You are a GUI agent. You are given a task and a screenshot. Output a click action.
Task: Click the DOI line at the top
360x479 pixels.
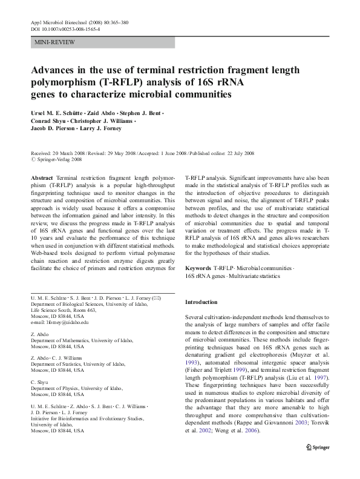(x=65, y=28)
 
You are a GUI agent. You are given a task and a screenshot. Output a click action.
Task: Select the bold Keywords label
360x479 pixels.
(x=198, y=267)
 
